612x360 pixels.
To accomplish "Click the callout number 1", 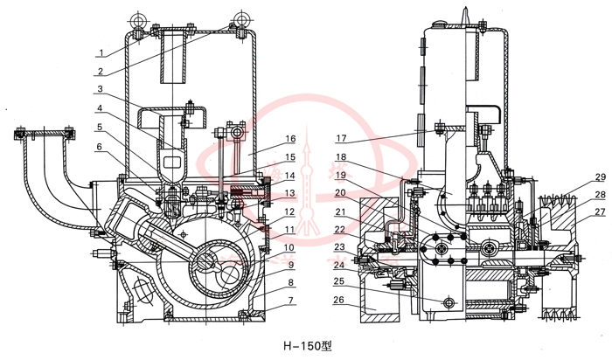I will (102, 52).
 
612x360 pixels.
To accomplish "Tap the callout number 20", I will (342, 192).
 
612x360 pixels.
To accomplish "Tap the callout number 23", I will (342, 246).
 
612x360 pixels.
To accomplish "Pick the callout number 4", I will (102, 110).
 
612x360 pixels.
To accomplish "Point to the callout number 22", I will (342, 229).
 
